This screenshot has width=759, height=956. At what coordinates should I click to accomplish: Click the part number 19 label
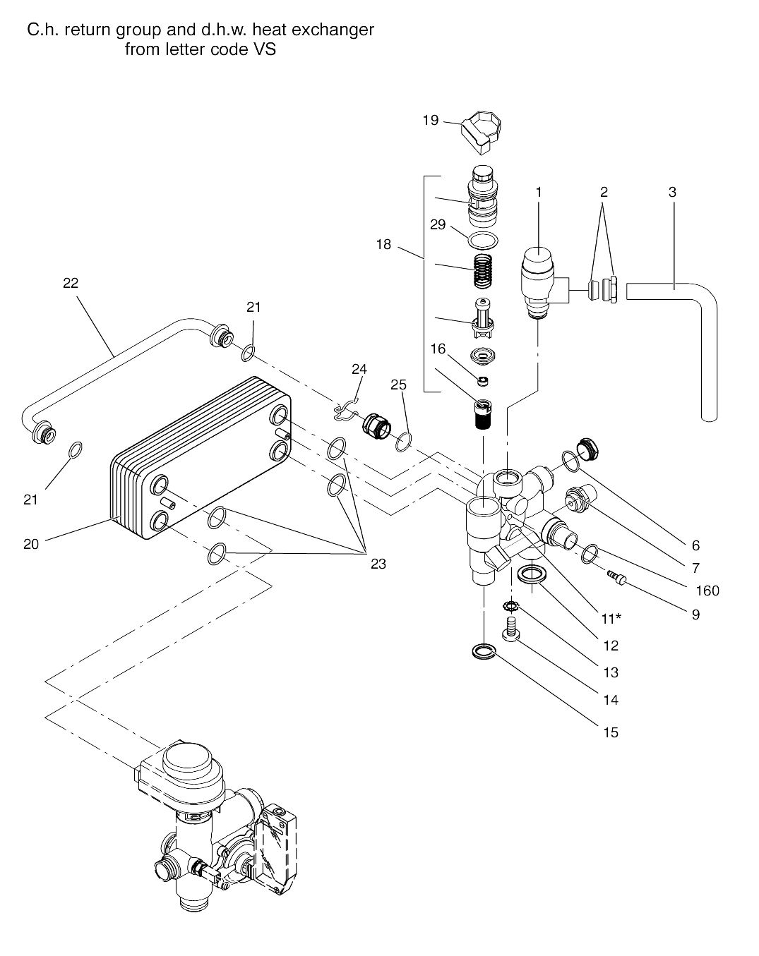[x=431, y=121]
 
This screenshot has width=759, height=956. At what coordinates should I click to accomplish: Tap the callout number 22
[x=71, y=283]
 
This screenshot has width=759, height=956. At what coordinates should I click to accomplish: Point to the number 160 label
[x=707, y=591]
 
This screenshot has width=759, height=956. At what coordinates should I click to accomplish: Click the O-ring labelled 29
[x=482, y=240]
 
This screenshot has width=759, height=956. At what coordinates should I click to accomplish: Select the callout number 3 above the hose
[x=672, y=191]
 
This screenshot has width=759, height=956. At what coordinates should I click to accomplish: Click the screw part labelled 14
[x=510, y=627]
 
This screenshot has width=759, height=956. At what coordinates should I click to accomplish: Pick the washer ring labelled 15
[x=483, y=651]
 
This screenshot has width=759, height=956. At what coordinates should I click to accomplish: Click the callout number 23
[x=378, y=564]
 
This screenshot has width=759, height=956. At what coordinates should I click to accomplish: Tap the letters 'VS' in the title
[x=263, y=50]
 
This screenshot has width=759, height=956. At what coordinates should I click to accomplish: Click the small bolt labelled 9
[x=616, y=578]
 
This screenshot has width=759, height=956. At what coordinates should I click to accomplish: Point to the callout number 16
[x=438, y=349]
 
